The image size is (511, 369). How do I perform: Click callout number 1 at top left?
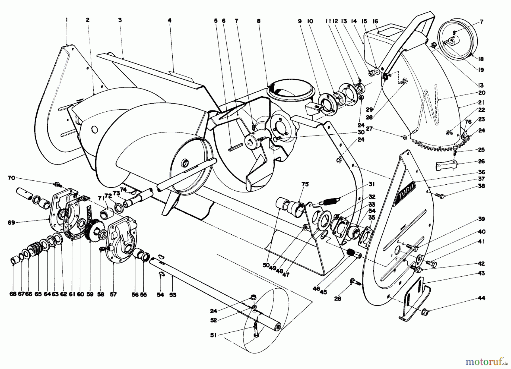(x=66, y=20)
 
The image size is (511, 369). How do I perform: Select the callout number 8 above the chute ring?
(x=258, y=21)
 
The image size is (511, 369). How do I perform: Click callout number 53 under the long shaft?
(x=173, y=295)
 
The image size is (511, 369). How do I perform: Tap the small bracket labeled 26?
(x=446, y=166)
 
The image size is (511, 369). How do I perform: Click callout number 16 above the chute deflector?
(x=375, y=21)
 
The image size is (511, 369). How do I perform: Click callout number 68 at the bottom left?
(x=13, y=295)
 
